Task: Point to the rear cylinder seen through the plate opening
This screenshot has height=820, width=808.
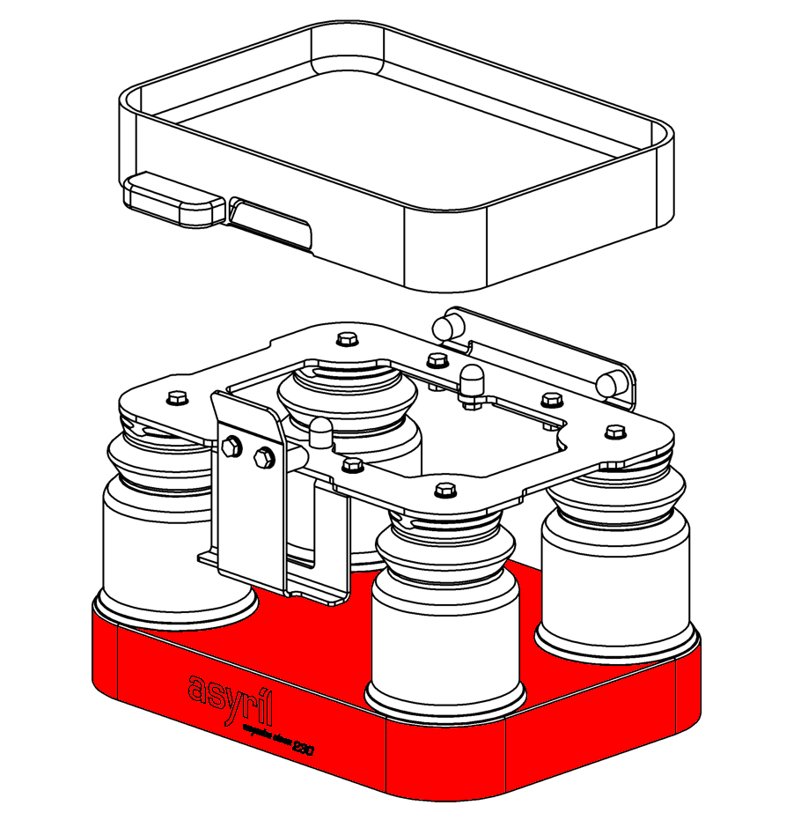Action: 345,396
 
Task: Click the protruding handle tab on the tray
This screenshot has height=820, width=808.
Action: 174,200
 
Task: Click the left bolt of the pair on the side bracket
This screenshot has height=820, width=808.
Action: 231,447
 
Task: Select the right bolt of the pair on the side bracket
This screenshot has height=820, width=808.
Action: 263,457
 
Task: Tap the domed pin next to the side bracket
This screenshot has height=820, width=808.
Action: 320,432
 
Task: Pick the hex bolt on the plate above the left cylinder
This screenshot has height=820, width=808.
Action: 177,398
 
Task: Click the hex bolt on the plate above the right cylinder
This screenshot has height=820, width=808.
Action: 613,432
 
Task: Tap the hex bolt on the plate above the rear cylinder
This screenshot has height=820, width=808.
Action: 346,338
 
